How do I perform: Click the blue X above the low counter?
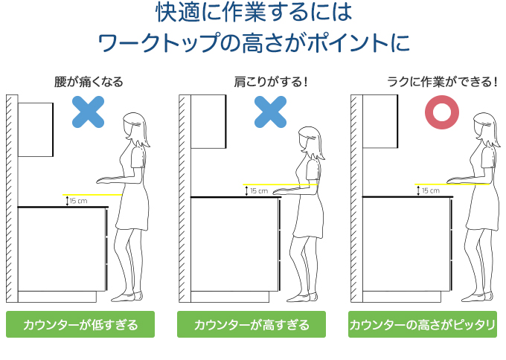[89, 111]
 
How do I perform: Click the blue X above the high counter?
[271, 111]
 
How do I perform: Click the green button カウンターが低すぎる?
[80, 325]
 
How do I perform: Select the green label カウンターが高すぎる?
[252, 325]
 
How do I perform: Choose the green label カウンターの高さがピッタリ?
[423, 325]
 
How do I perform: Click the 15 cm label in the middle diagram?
[258, 190]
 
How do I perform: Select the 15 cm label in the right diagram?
[430, 190]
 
